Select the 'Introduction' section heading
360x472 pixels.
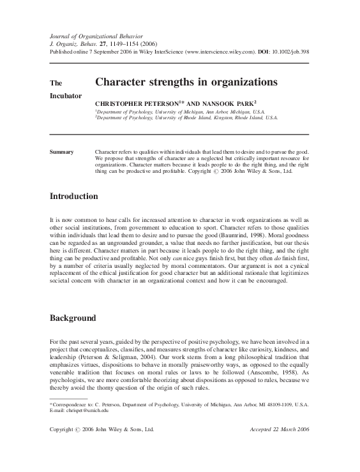74,196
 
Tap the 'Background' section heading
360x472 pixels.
73,318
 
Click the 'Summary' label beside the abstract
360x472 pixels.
62,152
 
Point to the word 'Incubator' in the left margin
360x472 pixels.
66,96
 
